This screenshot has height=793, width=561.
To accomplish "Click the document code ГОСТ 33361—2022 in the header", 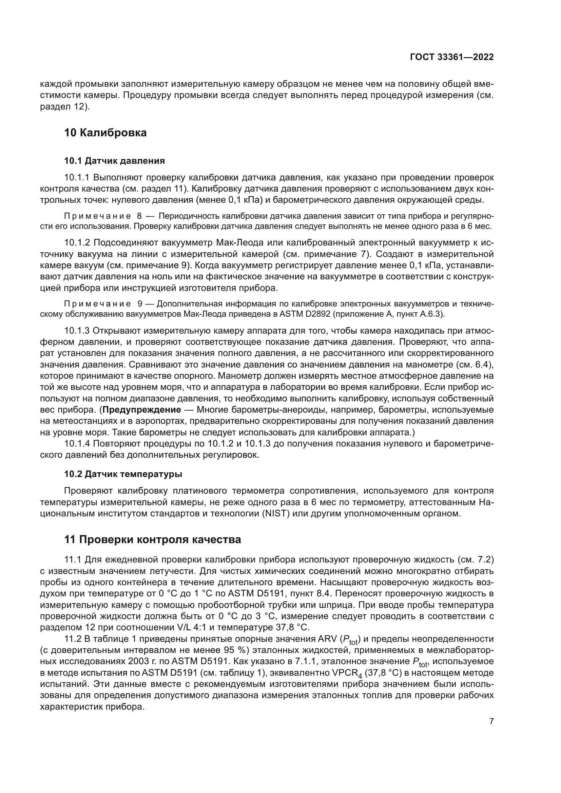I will pyautogui.click(x=451, y=57).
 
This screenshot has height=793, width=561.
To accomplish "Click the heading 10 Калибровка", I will pyautogui.click(x=105, y=133).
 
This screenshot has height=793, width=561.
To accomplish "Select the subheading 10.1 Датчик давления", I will pyautogui.click(x=114, y=161).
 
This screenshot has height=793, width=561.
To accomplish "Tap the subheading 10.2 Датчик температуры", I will pyautogui.click(x=123, y=474).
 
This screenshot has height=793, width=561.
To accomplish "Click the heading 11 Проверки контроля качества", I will pyautogui.click(x=152, y=539).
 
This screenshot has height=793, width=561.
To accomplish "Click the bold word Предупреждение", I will pyautogui.click(x=142, y=410).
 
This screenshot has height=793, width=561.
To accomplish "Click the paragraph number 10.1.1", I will pyautogui.click(x=77, y=178).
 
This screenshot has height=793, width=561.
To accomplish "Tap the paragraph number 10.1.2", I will pyautogui.click(x=77, y=243).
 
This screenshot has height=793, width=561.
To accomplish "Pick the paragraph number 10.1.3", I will pyautogui.click(x=77, y=331).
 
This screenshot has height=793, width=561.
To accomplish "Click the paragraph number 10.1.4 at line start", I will pyautogui.click(x=77, y=443).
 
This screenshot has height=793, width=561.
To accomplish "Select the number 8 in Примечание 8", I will pyautogui.click(x=139, y=216).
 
